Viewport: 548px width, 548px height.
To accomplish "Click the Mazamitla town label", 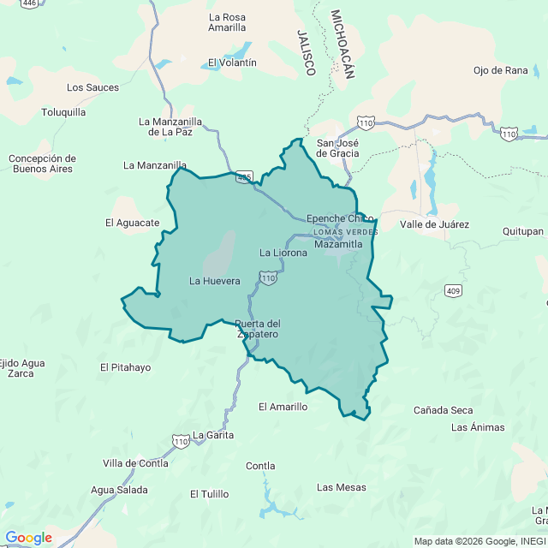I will click(339, 245).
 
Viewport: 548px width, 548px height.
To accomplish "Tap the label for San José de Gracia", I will click(337, 148).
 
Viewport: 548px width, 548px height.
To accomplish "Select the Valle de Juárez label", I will click(434, 225).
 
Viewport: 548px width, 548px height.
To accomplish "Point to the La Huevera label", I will click(214, 281).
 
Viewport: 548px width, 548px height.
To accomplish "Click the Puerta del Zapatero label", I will click(258, 329).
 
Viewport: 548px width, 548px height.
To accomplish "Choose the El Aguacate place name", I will click(133, 223).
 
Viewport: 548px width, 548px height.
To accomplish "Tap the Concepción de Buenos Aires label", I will click(42, 164).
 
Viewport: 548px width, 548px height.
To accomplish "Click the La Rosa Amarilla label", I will click(227, 22).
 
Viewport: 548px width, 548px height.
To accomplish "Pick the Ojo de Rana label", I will click(500, 70).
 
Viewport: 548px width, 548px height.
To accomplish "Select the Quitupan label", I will click(523, 231).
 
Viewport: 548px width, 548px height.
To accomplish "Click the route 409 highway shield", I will click(454, 291).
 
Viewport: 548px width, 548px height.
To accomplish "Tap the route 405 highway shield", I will click(245, 177).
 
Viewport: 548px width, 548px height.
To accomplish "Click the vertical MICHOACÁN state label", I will click(342, 45).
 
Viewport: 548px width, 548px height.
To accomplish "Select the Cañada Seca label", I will click(443, 411).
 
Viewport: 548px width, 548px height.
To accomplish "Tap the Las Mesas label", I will click(341, 488).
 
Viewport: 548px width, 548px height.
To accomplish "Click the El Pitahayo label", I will click(125, 368).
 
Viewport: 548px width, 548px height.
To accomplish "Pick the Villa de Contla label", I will click(135, 463).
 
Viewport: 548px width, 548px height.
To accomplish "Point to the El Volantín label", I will click(232, 63).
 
